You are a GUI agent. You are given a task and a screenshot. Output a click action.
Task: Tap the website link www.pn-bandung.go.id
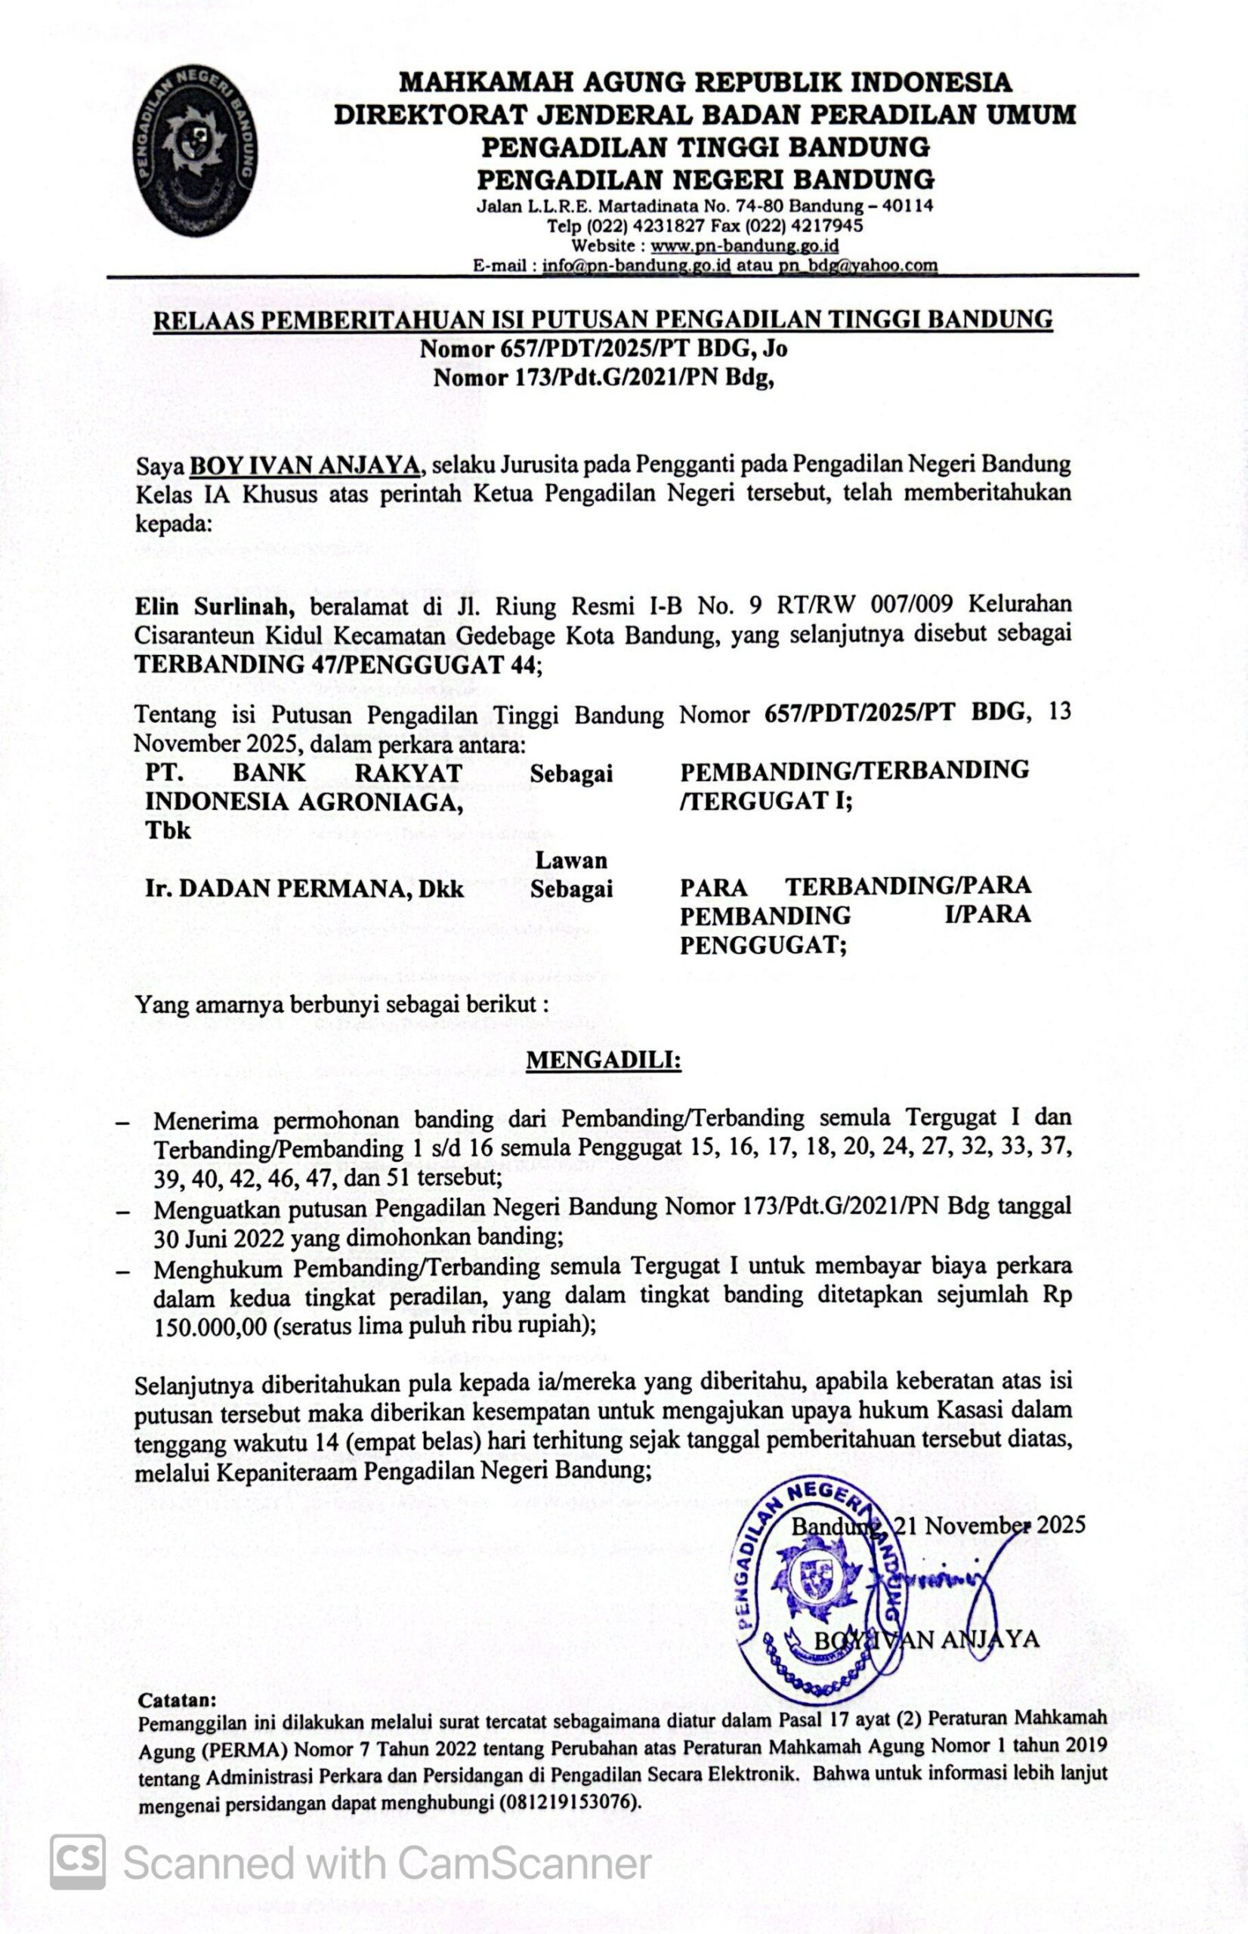744,246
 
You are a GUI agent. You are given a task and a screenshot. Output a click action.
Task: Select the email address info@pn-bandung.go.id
636,265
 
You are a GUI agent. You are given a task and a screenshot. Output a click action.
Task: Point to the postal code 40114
907,205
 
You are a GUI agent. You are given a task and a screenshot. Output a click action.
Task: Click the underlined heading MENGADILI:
604,1060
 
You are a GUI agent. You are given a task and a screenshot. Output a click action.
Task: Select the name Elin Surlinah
209,606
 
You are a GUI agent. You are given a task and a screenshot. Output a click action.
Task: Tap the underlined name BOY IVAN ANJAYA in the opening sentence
304,466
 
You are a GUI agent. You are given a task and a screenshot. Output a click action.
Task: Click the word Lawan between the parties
570,860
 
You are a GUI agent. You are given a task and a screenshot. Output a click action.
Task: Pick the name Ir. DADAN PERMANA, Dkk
304,889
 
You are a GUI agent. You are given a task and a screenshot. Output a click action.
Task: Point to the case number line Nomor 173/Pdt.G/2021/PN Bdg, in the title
603,378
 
